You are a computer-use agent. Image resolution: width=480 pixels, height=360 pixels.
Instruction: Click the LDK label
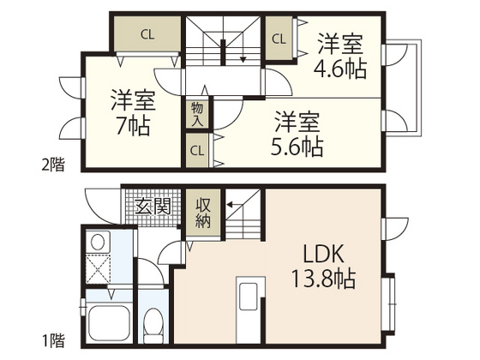click(322, 254)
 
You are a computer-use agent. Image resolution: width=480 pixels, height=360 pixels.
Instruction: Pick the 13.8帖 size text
click(322, 279)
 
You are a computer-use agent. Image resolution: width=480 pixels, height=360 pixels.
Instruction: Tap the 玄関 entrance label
click(153, 207)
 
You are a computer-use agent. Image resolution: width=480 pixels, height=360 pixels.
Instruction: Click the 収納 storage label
click(203, 213)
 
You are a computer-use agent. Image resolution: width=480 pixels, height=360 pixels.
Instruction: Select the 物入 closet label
click(196, 114)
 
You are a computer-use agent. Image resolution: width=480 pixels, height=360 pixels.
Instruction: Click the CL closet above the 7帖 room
click(147, 34)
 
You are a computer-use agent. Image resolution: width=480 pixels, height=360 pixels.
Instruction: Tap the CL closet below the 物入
click(196, 151)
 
